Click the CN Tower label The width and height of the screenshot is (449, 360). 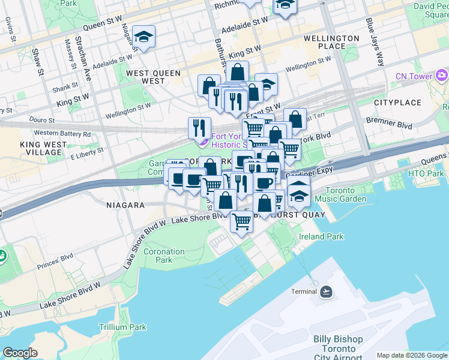pyautogui.click(x=414, y=76)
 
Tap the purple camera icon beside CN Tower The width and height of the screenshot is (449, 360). pyautogui.click(x=442, y=75)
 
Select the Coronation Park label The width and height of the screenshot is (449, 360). pyautogui.click(x=164, y=256)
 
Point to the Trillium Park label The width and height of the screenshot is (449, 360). pyautogui.click(x=122, y=327)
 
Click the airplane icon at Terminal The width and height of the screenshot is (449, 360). pyautogui.click(x=326, y=292)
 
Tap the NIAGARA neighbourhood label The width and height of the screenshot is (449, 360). pyautogui.click(x=125, y=205)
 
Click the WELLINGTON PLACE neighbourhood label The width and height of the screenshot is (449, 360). pyautogui.click(x=331, y=42)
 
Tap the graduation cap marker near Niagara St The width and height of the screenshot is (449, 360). pyautogui.click(x=144, y=37)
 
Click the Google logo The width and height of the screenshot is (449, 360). pyautogui.click(x=20, y=353)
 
